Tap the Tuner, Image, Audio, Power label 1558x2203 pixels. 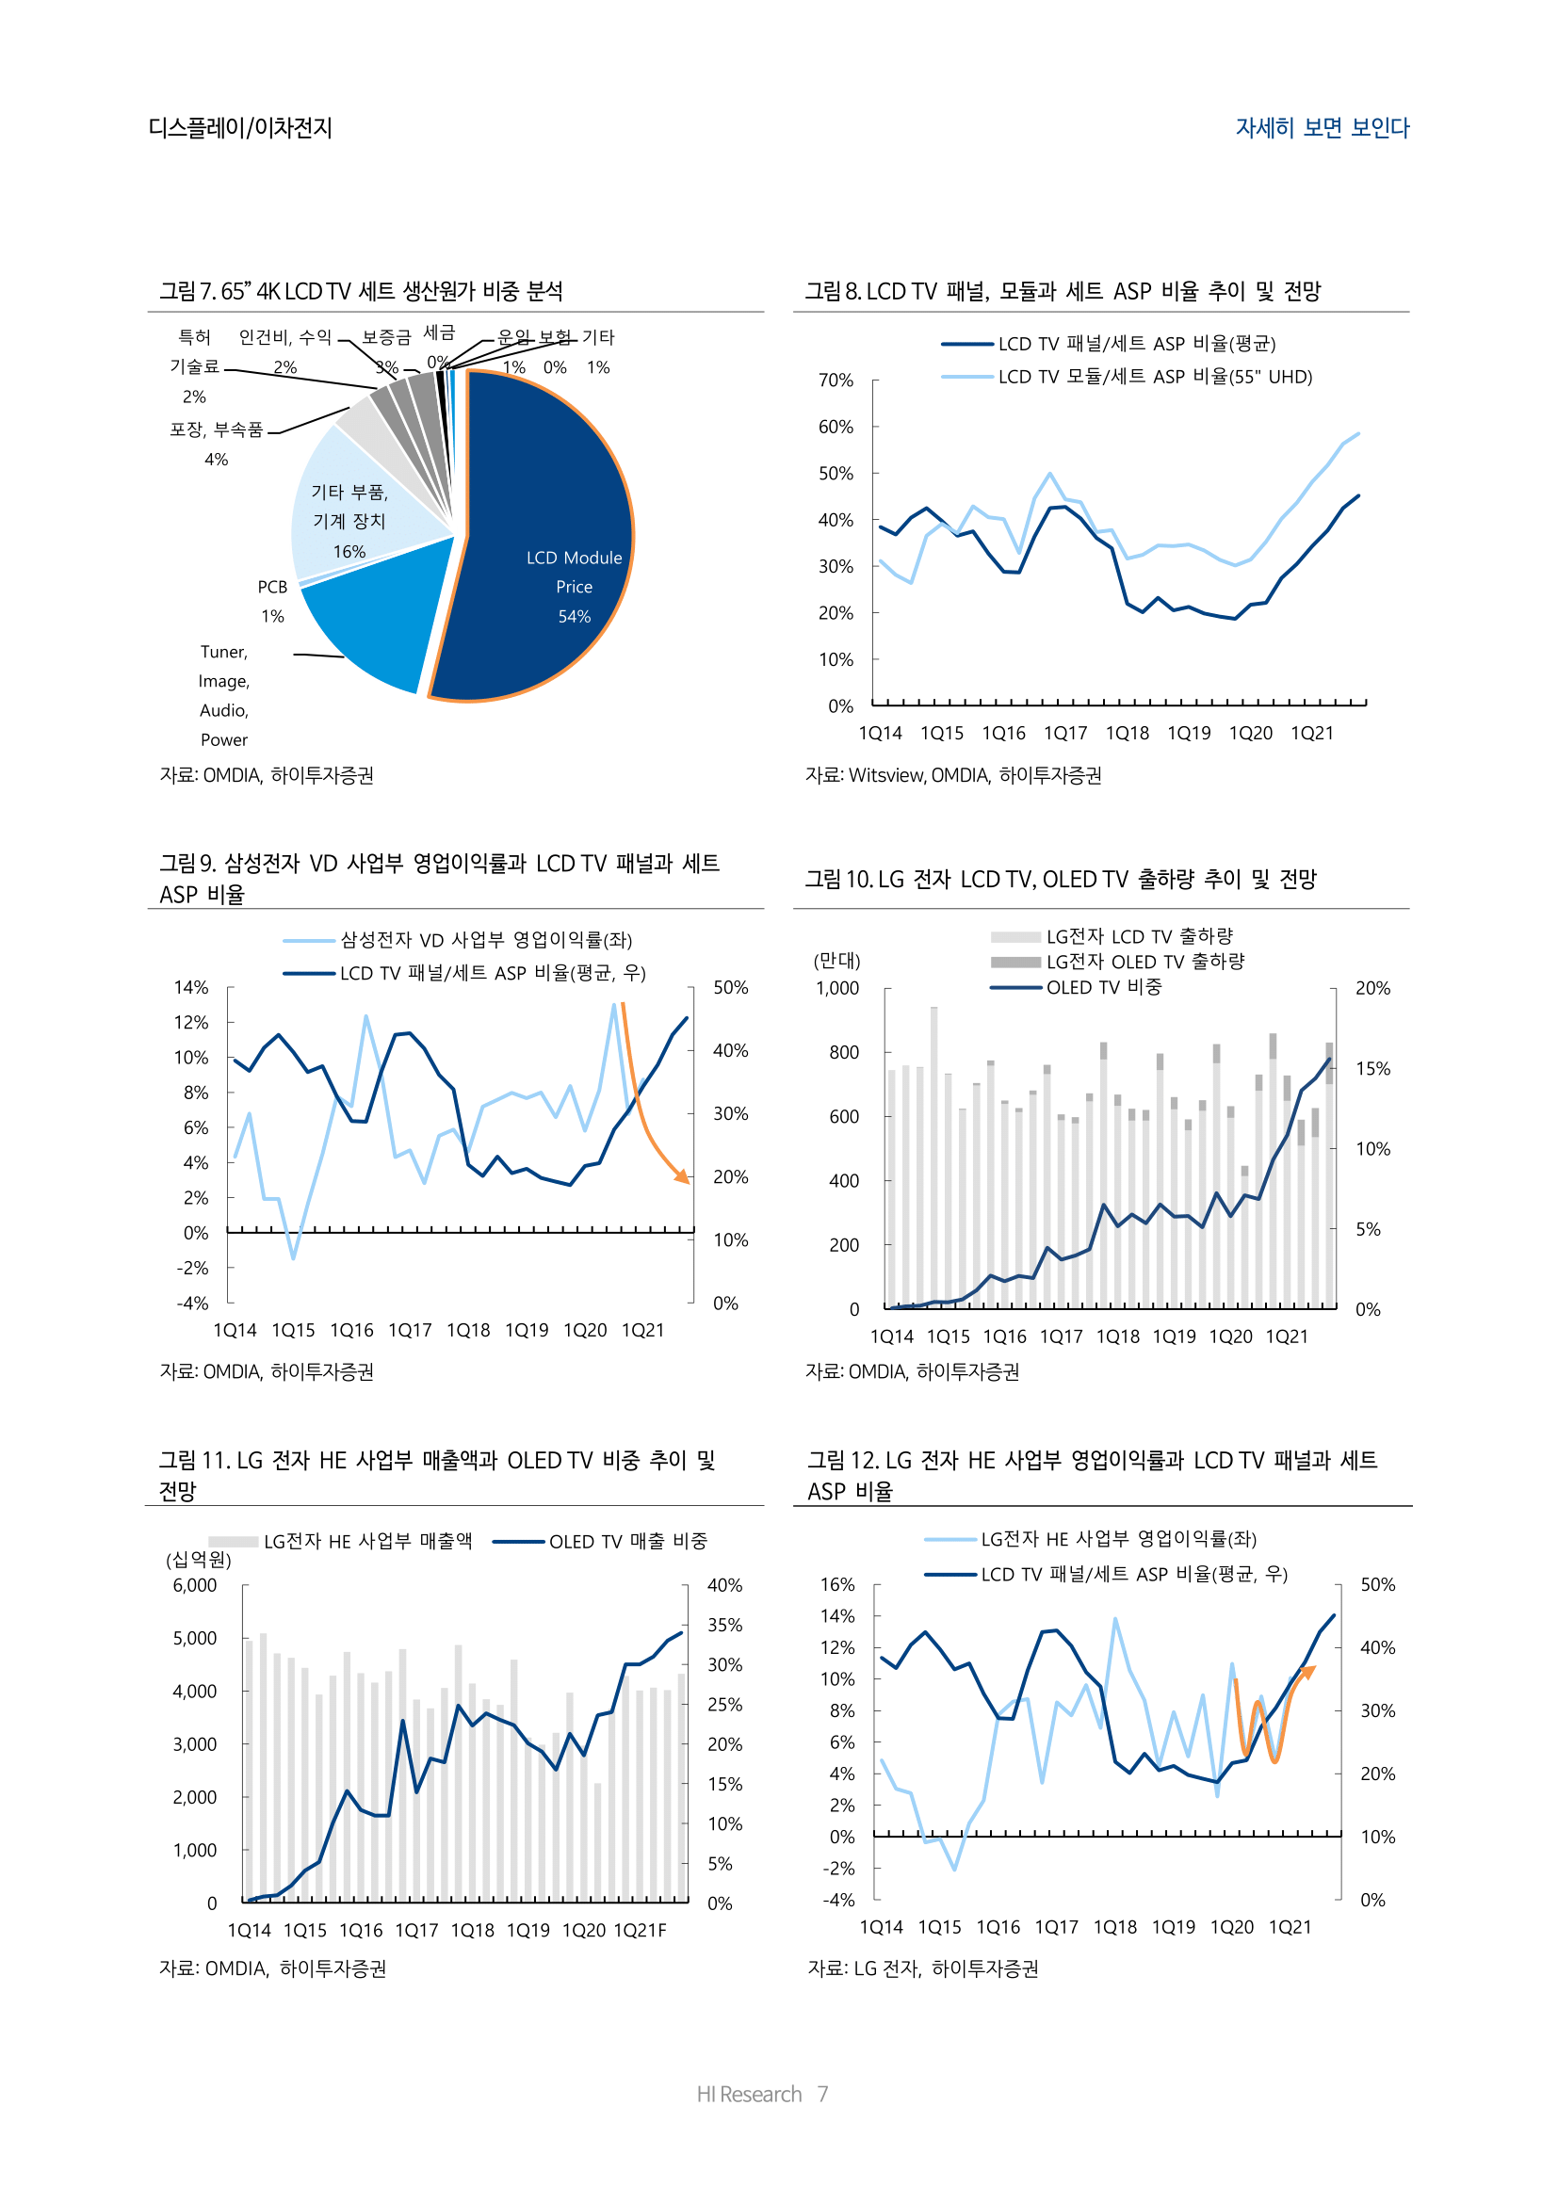(223, 696)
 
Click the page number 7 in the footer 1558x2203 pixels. (822, 2094)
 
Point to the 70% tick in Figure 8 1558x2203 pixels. (836, 380)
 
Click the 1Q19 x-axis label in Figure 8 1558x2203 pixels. (1189, 733)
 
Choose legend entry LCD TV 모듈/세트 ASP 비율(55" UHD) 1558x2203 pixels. (1154, 376)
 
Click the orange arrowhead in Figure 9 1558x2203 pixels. (683, 1177)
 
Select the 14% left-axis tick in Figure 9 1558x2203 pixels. (191, 987)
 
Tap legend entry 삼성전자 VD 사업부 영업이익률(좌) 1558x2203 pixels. (485, 939)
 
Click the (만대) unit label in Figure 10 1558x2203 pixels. (836, 961)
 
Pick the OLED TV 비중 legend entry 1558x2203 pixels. (1103, 987)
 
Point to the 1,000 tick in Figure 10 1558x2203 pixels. (837, 988)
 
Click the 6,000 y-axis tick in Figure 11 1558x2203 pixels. (195, 1585)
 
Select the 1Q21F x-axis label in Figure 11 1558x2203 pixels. (640, 1930)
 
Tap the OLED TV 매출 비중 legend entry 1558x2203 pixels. (627, 1541)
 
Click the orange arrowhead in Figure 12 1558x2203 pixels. (1308, 1672)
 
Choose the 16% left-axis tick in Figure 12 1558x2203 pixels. (837, 1584)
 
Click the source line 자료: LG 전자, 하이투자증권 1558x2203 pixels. (923, 1968)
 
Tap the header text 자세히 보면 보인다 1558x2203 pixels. (1322, 127)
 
